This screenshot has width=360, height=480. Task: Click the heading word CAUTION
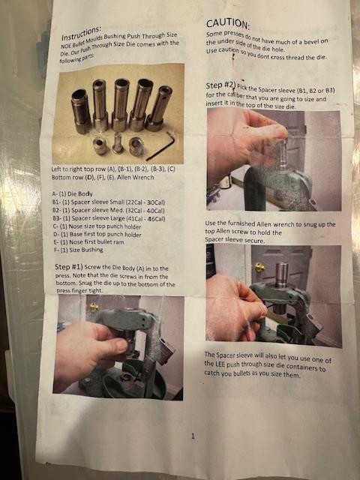[x=228, y=23]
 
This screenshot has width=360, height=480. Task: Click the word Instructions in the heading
[x=81, y=33]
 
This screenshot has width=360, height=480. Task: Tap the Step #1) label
[x=68, y=267]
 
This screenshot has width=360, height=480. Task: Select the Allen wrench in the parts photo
[x=161, y=146]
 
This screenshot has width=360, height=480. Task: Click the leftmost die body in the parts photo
[x=81, y=111]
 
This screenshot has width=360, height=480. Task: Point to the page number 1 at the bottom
[x=193, y=436]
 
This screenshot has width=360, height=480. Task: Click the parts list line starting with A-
[x=72, y=193]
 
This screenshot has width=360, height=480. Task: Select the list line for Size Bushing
[x=78, y=250]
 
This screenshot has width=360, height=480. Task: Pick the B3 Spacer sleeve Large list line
[x=109, y=218]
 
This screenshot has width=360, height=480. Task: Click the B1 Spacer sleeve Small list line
[x=108, y=202]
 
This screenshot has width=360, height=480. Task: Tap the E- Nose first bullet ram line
[x=88, y=241]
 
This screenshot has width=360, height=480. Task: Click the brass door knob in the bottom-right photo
[x=259, y=267]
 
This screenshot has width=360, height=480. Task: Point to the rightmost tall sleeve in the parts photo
[x=159, y=108]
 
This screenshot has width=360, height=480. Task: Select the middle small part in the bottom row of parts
[x=118, y=142]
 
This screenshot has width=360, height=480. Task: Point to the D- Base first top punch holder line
[x=97, y=234]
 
